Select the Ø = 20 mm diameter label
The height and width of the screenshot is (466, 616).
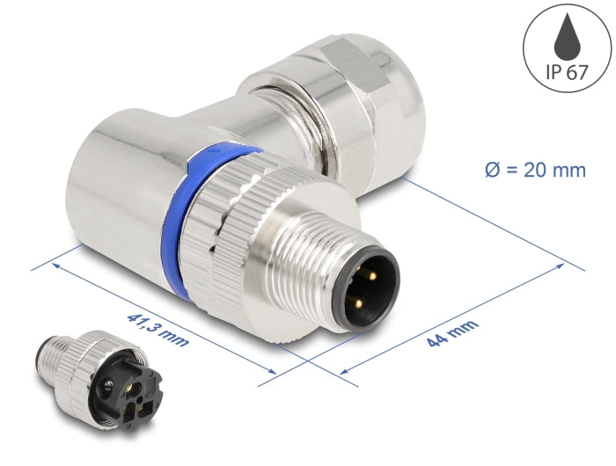534,171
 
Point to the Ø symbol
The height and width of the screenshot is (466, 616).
494,171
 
